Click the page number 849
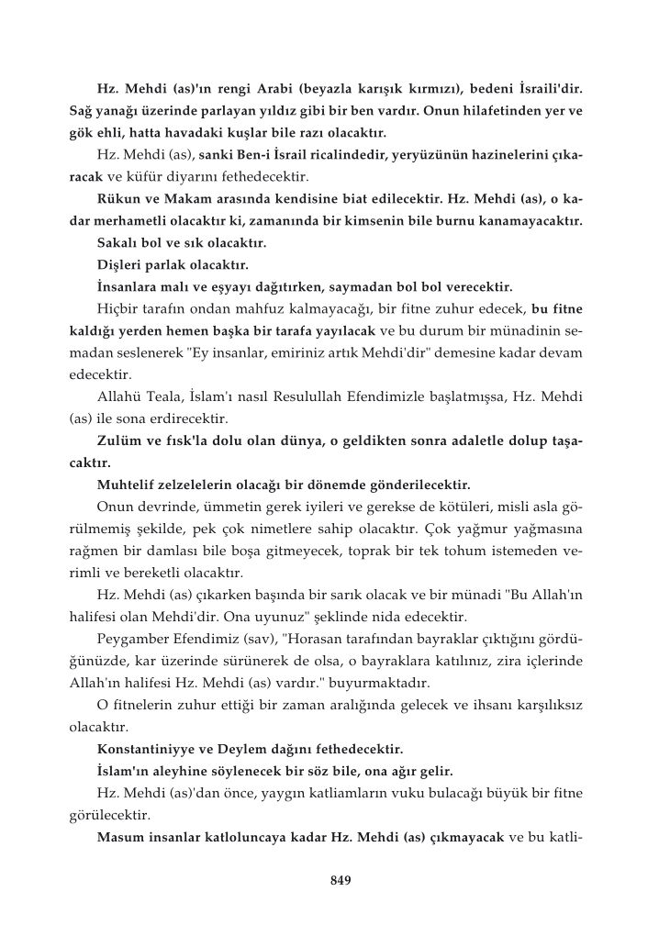pos(341,881)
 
